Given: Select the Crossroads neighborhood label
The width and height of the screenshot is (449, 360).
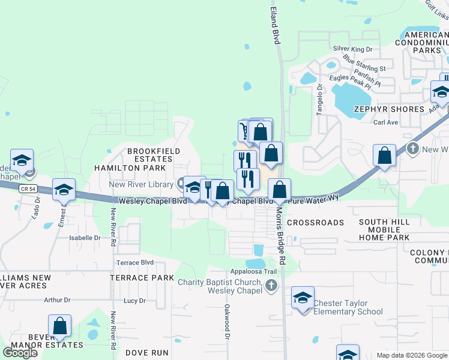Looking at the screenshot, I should click(315, 222).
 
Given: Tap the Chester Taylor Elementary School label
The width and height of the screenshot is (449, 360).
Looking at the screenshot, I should click(348, 307).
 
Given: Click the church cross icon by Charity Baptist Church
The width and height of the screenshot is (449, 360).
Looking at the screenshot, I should click(271, 286).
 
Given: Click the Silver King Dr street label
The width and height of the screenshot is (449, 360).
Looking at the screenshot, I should click(352, 49).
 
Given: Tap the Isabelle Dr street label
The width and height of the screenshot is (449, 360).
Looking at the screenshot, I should click(85, 238).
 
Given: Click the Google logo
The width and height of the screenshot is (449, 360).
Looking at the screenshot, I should click(20, 353).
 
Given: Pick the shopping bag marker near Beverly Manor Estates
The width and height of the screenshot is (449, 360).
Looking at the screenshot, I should click(60, 326).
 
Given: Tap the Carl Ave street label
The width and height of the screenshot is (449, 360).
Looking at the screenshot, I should click(386, 122).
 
